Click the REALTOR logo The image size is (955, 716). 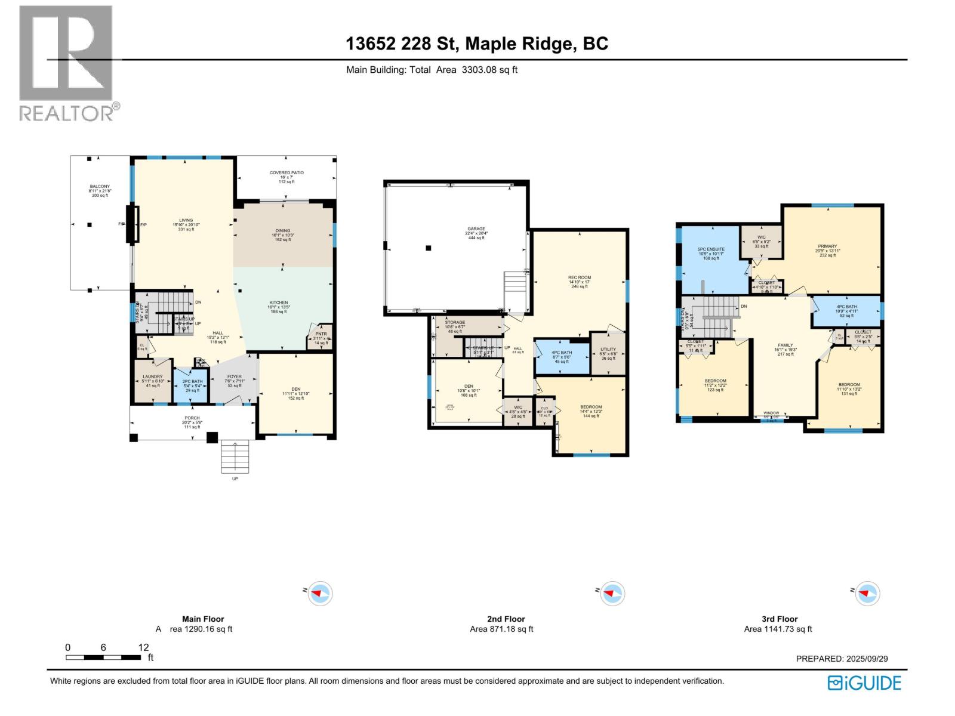(x=66, y=63)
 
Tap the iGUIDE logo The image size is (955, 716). (x=864, y=683)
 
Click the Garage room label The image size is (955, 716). (x=476, y=233)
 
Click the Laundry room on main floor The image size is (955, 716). (x=153, y=381)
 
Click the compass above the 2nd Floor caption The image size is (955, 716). (x=612, y=594)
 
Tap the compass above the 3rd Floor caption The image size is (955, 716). (x=868, y=593)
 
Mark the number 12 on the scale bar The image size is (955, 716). (x=143, y=647)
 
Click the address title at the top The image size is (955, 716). (x=477, y=44)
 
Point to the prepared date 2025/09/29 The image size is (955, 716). (x=842, y=659)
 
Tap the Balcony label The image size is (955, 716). (x=100, y=191)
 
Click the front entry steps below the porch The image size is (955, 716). (x=235, y=456)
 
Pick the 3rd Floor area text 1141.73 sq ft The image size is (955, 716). (x=778, y=629)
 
